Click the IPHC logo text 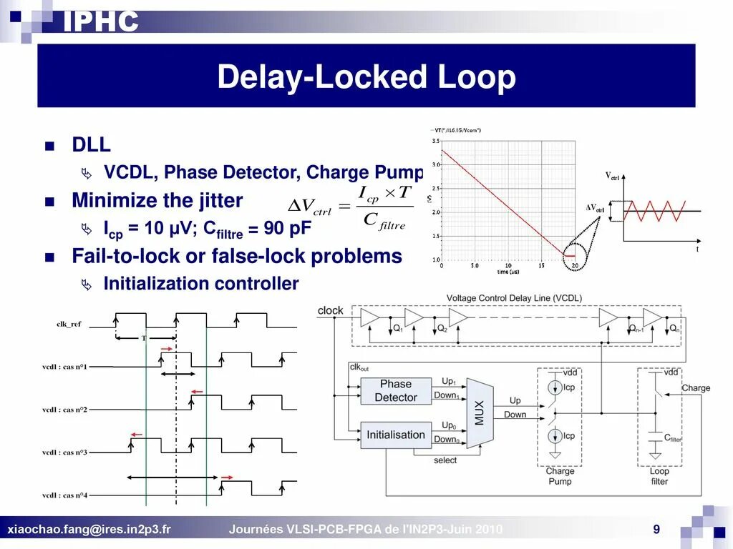pos(100,21)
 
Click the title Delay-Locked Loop pos(366,77)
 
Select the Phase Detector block pos(396,390)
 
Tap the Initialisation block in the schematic pos(396,435)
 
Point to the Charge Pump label pos(560,476)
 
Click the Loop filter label pos(659,476)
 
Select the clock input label pos(330,310)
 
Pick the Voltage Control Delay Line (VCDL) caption pos(514,297)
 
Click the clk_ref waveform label pos(69,324)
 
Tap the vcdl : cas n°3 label pos(64,452)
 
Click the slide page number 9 pos(656,529)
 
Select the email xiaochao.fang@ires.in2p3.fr pos(89,530)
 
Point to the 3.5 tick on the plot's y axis pos(436,142)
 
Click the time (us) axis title pos(508,272)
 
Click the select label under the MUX pos(445,460)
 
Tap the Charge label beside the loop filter pos(696,388)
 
